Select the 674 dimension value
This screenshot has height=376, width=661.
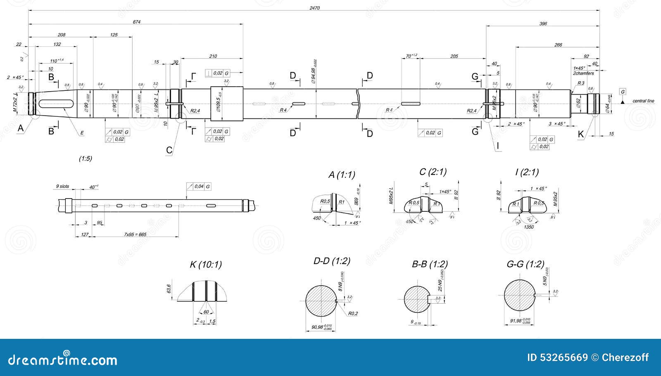[x=136, y=22]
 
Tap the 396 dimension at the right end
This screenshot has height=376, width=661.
[x=543, y=24]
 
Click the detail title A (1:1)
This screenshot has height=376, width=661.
[x=342, y=175]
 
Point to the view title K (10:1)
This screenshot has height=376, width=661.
[x=206, y=265]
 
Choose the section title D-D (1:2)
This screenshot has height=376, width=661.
[x=332, y=261]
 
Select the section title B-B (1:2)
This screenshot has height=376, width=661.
[x=430, y=264]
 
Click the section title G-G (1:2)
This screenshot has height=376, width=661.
[x=525, y=264]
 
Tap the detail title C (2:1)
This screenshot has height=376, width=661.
[x=433, y=172]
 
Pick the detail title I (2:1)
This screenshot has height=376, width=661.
[x=527, y=172]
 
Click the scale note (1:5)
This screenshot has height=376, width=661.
[x=86, y=158]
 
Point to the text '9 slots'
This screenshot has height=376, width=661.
[x=63, y=187]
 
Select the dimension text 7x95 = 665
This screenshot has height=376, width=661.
[x=135, y=234]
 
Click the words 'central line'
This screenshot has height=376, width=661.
[x=643, y=101]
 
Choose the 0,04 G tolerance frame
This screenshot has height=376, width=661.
[x=199, y=187]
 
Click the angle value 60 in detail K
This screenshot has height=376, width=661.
[x=206, y=312]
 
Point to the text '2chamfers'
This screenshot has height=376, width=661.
[x=583, y=73]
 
